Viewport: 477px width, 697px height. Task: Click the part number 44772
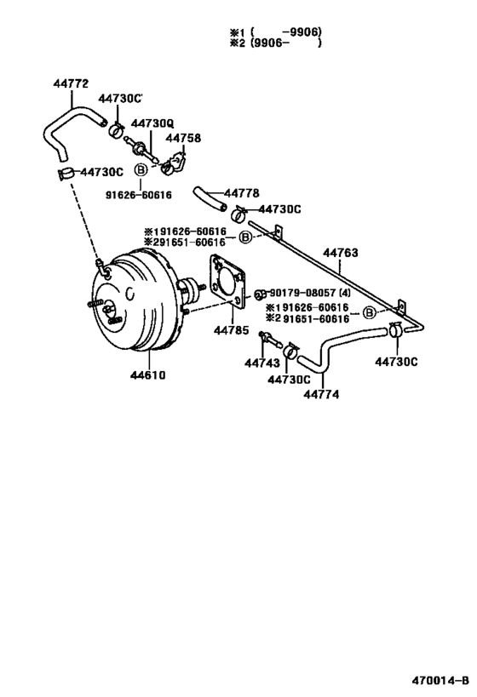coord(71,83)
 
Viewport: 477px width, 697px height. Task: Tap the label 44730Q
coord(152,123)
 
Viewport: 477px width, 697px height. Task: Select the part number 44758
coord(183,138)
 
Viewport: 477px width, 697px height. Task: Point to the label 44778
coord(241,193)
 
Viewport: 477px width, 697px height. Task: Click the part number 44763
coord(341,253)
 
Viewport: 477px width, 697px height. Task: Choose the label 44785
coord(232,330)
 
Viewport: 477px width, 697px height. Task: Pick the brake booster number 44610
coord(147,375)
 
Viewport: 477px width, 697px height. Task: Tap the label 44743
coord(262,363)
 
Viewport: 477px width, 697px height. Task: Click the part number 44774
coord(321,394)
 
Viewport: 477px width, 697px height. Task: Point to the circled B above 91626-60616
coord(141,170)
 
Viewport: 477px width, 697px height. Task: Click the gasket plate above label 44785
coord(227,282)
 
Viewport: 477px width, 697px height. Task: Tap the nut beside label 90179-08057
coord(261,294)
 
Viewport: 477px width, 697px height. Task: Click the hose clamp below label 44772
coord(66,173)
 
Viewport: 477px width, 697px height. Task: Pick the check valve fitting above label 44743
coord(269,340)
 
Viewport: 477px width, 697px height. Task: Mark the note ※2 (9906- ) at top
coord(275,43)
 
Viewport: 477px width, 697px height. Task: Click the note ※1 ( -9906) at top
coord(275,32)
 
